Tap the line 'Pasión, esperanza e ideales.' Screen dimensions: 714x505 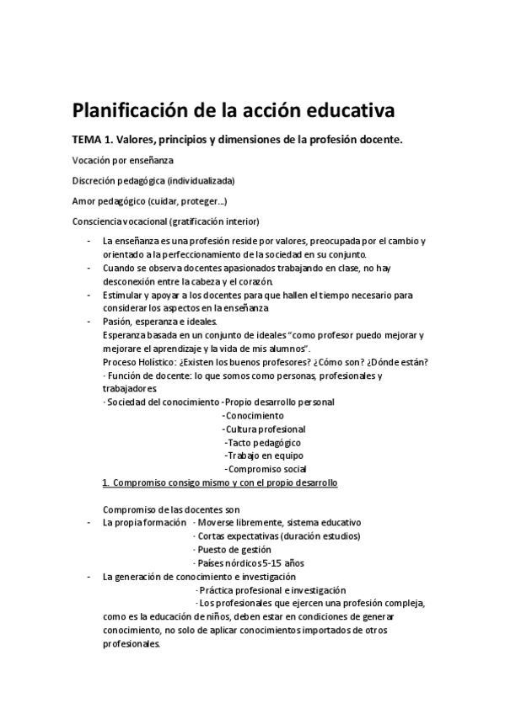point(158,322)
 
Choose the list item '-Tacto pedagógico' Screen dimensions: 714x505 point(262,443)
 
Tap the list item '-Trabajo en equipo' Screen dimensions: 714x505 point(262,456)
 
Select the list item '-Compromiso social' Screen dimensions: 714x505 point(265,470)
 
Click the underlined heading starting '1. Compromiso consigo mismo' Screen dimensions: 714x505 point(219,483)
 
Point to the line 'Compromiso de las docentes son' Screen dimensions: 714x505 point(171,509)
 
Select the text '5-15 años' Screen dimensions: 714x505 point(282,563)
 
